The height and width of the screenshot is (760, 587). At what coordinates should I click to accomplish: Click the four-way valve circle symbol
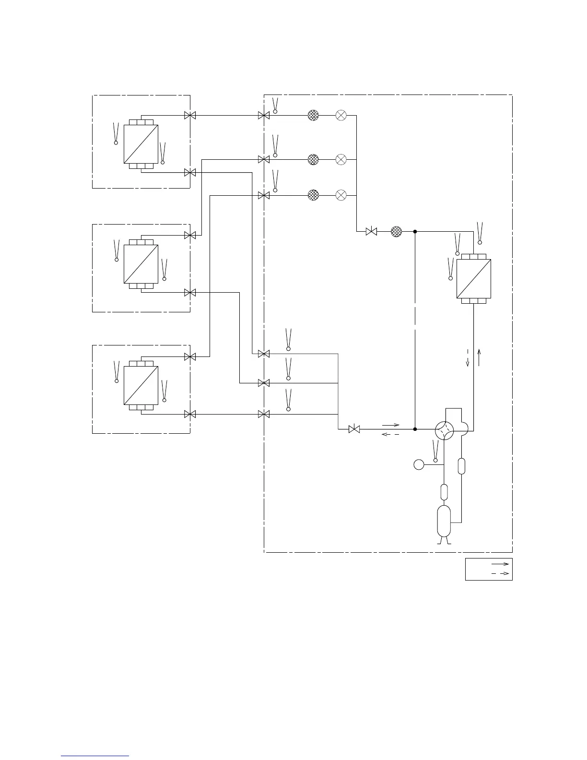[444, 430]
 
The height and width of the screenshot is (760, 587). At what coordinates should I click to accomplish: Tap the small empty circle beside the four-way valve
[419, 464]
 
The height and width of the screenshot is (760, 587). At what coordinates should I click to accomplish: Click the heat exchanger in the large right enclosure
[474, 279]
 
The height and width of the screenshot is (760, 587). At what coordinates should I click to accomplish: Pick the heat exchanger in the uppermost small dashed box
[141, 144]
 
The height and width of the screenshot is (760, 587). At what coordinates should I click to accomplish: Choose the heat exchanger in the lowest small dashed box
[141, 386]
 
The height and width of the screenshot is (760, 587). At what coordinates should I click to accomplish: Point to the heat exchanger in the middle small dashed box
[141, 264]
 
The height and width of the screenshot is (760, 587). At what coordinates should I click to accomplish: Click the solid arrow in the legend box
[500, 564]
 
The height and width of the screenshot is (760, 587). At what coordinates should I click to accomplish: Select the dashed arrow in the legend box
[500, 574]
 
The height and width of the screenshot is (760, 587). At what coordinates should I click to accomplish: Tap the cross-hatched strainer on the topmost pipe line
[313, 115]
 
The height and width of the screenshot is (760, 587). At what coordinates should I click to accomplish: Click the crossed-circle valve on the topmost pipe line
[341, 115]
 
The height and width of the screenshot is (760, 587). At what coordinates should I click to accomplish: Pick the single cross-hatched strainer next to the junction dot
[396, 231]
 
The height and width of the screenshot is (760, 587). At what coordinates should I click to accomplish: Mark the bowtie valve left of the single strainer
[371, 231]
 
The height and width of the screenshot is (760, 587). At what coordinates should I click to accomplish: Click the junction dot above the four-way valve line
[415, 231]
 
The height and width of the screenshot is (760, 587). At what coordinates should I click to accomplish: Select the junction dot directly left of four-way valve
[415, 429]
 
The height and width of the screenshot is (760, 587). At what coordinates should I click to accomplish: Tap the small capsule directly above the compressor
[444, 492]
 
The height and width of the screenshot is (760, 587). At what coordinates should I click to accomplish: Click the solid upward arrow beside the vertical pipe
[479, 358]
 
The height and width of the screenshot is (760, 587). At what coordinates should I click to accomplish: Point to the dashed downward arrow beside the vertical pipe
[468, 358]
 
